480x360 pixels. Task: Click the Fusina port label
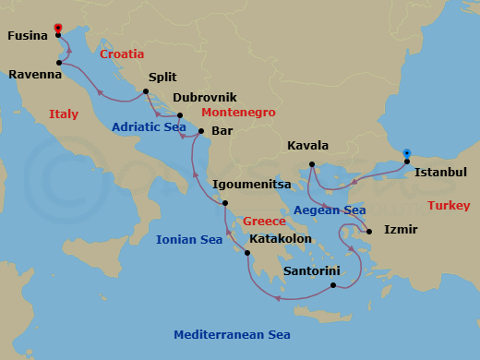click(28, 37)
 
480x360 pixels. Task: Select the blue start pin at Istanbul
click(407, 155)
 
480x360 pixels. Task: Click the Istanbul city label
click(441, 173)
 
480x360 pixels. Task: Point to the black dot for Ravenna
click(60, 63)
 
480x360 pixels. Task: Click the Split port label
click(162, 79)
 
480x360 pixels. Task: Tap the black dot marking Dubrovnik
click(180, 115)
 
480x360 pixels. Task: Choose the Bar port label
click(222, 131)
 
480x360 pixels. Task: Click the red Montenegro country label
click(238, 112)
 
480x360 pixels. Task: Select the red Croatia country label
click(122, 54)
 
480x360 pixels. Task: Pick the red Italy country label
click(64, 114)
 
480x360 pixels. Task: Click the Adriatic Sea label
click(149, 127)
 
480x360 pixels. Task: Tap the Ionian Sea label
click(189, 240)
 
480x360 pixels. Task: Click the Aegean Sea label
click(330, 210)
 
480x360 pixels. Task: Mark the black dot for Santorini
click(332, 285)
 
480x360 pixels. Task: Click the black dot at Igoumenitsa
click(226, 204)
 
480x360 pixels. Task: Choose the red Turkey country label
click(449, 206)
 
